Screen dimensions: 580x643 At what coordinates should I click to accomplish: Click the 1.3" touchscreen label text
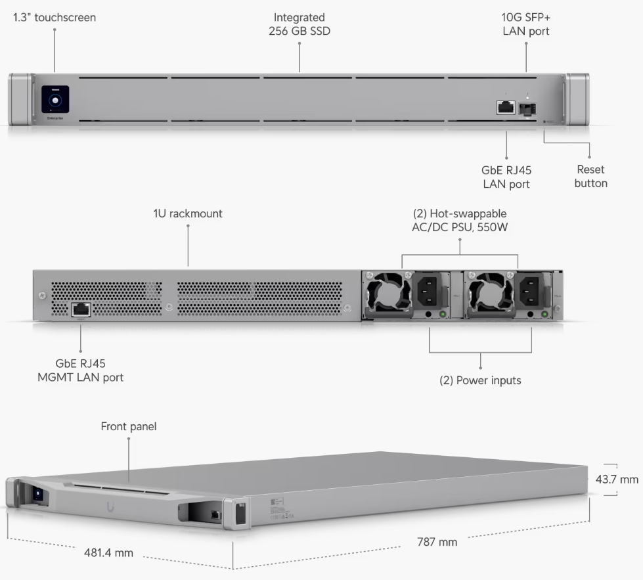click(x=55, y=18)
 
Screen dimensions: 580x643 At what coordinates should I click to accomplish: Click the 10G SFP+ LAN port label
click(x=526, y=24)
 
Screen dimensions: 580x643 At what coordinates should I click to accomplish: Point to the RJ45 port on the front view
click(x=506, y=107)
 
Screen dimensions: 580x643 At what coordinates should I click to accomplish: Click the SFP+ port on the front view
click(x=525, y=108)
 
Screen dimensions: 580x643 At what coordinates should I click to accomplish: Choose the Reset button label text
click(x=590, y=177)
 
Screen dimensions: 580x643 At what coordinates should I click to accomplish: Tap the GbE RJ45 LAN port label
click(x=506, y=177)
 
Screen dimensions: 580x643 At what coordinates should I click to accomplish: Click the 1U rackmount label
click(x=188, y=213)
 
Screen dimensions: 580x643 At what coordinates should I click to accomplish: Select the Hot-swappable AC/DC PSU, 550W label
click(x=459, y=220)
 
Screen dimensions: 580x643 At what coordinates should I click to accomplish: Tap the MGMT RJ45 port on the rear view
click(x=80, y=308)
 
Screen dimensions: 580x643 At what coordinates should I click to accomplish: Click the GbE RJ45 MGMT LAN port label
click(x=80, y=370)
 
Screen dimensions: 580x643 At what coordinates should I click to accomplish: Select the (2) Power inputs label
click(x=480, y=380)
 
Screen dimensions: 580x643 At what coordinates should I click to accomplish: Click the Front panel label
click(x=129, y=427)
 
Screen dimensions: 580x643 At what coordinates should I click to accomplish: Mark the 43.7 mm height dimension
click(x=616, y=479)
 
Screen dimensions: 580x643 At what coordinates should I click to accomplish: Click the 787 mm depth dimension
click(x=437, y=542)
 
